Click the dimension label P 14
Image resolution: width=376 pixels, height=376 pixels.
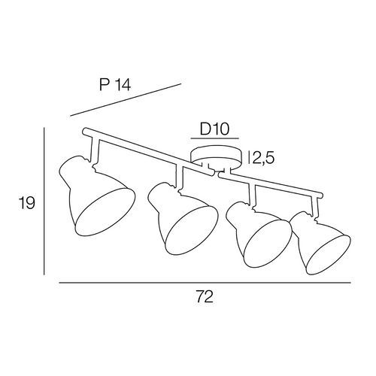115,84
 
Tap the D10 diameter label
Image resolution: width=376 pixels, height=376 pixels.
214,129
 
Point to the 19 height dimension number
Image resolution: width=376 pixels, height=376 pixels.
26,203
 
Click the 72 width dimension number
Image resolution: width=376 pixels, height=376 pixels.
205,297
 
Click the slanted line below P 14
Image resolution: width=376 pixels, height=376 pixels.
126,100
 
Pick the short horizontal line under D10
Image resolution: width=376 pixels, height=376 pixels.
215,138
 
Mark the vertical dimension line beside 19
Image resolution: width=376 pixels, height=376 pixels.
44,202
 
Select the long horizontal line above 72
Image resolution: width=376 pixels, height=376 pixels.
205,283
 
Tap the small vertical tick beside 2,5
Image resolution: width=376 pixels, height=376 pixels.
248,158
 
